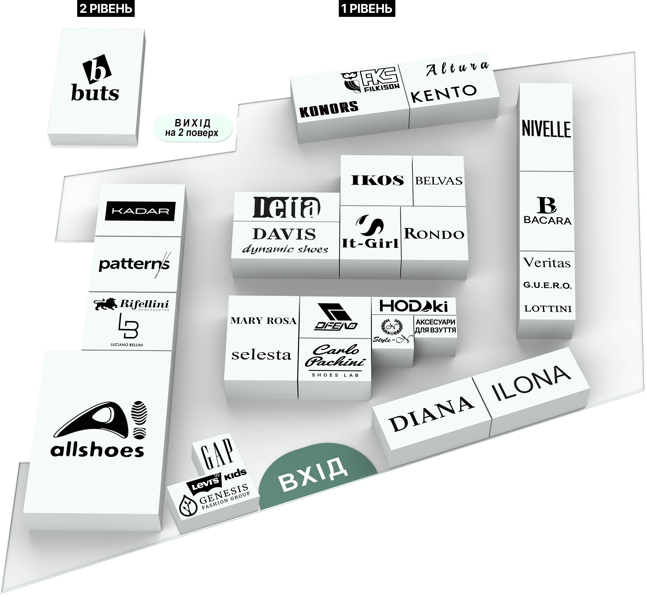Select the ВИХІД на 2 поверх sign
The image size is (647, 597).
193,128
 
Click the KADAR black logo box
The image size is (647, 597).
140,211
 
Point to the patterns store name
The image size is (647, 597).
134,264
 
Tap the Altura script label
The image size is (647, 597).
456,69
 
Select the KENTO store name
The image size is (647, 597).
444,93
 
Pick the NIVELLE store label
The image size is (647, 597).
546,129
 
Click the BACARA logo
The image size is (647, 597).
547,211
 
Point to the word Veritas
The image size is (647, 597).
547,263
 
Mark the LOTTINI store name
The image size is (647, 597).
548,309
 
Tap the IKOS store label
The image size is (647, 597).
378,180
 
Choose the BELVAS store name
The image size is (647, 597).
439,181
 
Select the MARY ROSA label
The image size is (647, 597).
263,321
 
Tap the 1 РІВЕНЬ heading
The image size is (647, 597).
367,9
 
